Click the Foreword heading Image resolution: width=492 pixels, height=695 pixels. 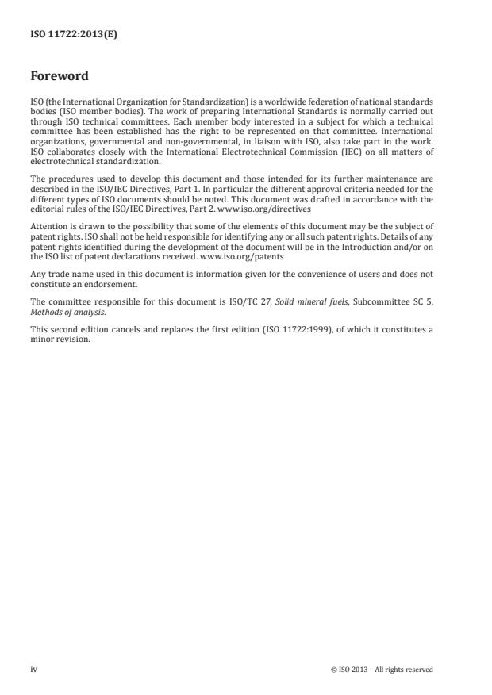(x=59, y=77)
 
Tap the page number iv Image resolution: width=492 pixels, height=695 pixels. (x=34, y=670)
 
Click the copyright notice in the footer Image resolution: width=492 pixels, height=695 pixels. (x=382, y=670)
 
